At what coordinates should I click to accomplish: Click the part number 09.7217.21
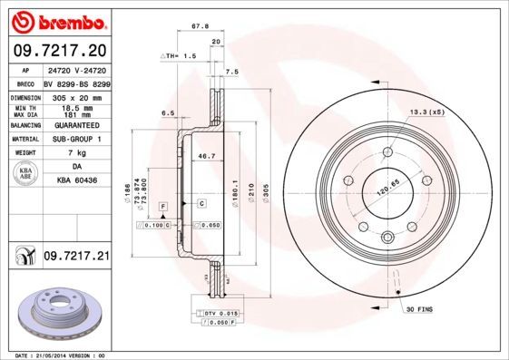75,257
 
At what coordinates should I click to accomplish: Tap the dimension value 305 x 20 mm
75,95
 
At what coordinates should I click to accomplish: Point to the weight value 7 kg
75,154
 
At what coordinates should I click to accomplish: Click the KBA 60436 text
75,180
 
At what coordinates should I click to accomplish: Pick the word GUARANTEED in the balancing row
75,125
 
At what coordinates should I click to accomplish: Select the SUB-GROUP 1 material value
75,140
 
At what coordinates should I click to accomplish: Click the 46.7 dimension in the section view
206,156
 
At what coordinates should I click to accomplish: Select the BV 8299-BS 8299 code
75,82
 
